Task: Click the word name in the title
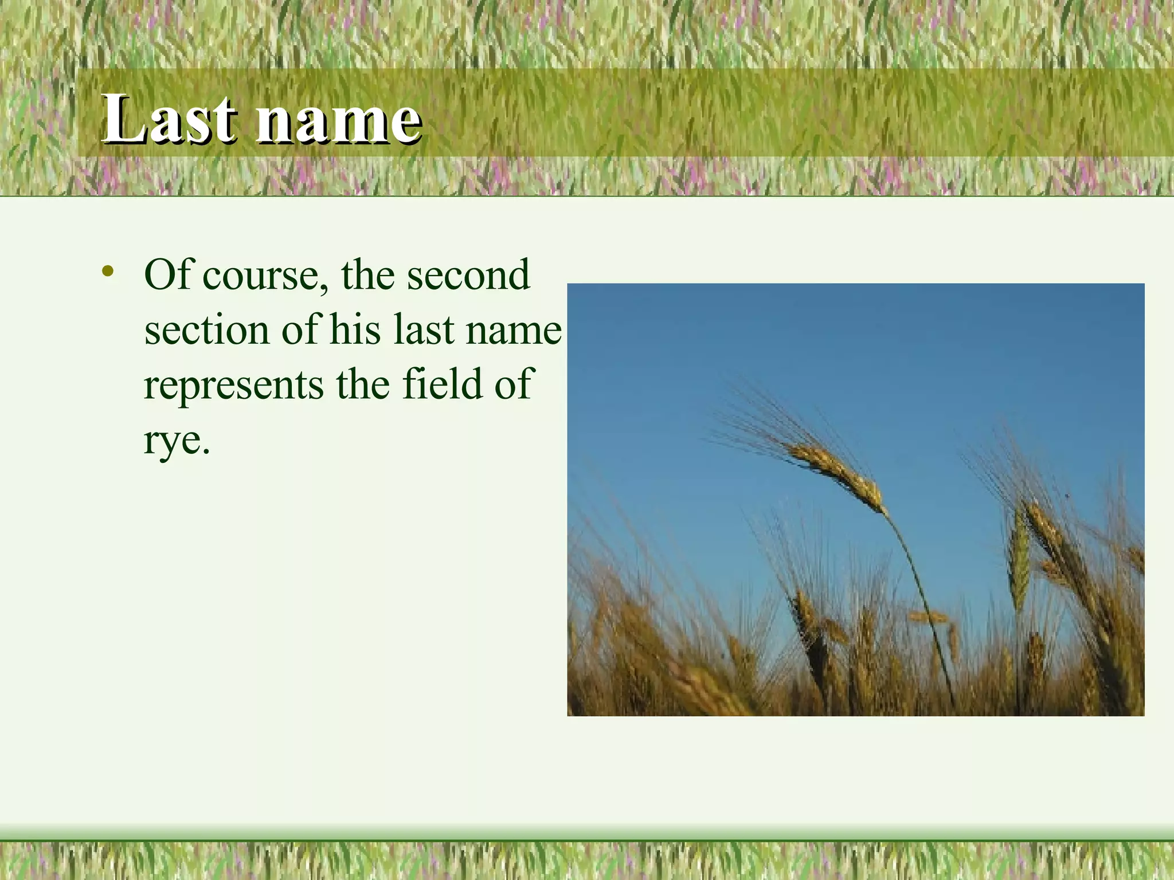pyautogui.click(x=338, y=120)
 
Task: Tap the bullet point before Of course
pyautogui.click(x=107, y=271)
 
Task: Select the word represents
pyautogui.click(x=233, y=386)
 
